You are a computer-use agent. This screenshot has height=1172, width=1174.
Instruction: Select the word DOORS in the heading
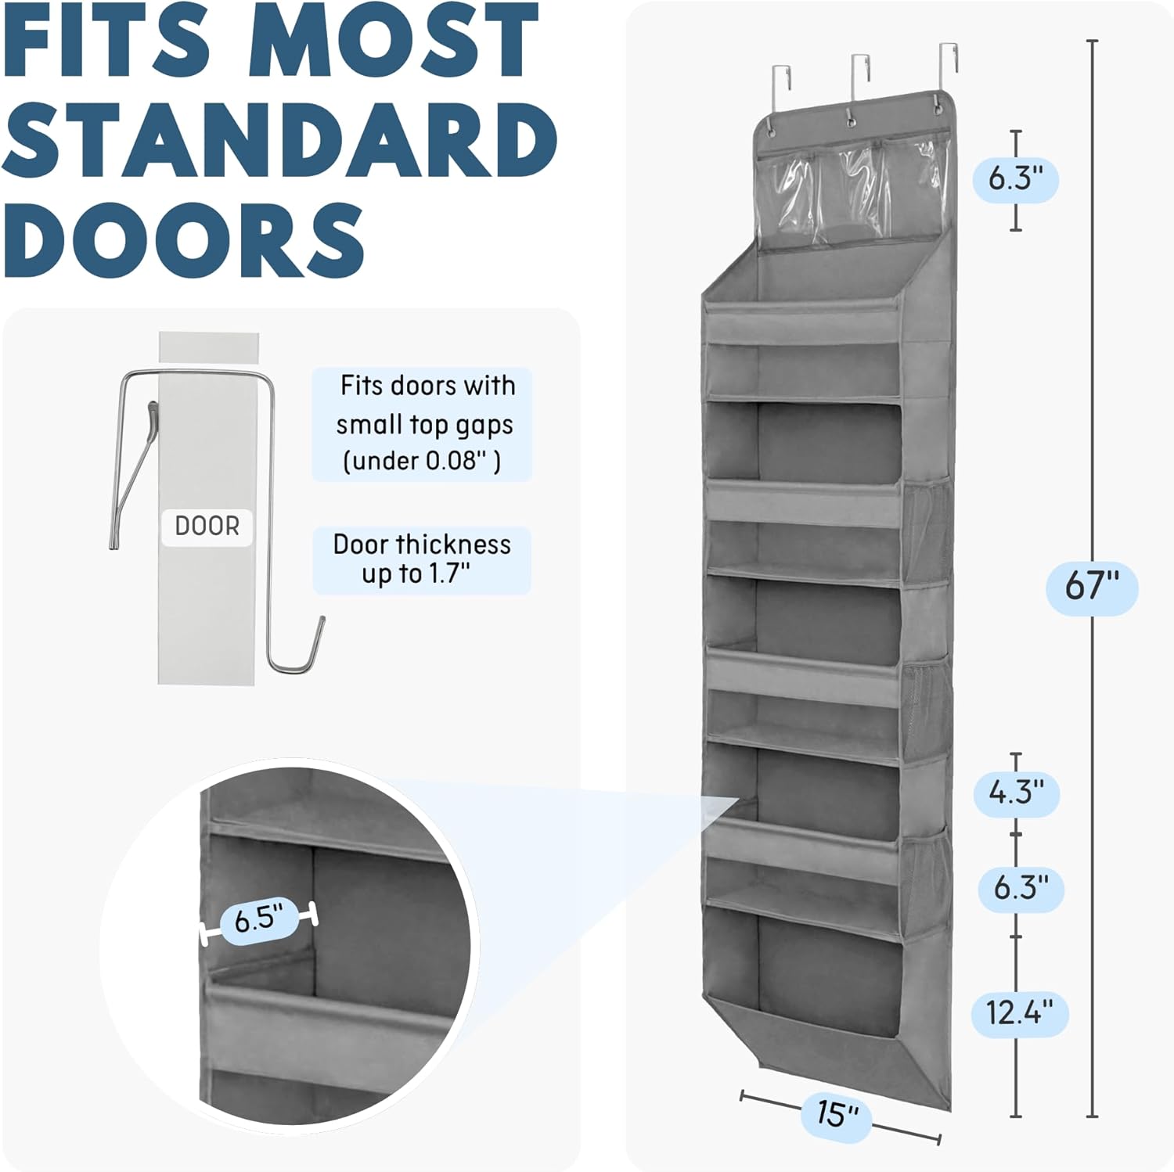pyautogui.click(x=182, y=239)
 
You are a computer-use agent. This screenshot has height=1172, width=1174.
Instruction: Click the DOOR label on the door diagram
pyautogui.click(x=207, y=527)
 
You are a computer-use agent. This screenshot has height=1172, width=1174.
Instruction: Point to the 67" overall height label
pyautogui.click(x=1092, y=585)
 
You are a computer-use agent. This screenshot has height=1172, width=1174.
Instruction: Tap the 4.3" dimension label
pyautogui.click(x=1016, y=793)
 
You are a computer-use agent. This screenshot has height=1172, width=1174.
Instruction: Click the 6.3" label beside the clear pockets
pyautogui.click(x=1016, y=179)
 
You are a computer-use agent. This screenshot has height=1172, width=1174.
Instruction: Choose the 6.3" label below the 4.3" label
pyautogui.click(x=1021, y=888)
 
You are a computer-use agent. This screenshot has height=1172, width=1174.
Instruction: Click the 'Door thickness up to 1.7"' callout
pyautogui.click(x=422, y=559)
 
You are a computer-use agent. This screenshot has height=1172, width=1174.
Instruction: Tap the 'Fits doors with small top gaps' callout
pyautogui.click(x=423, y=423)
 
